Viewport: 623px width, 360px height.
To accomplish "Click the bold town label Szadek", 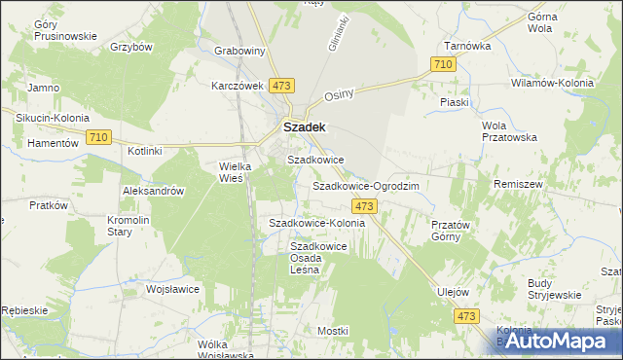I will click(x=304, y=126).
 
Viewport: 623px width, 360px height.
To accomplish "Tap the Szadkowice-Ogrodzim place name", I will click(x=365, y=185).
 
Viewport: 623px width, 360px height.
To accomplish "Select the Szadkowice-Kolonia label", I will click(x=316, y=223).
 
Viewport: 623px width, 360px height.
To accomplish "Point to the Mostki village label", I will click(x=332, y=331).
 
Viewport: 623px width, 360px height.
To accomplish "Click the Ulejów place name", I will click(x=454, y=292).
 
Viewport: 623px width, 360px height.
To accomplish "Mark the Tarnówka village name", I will click(x=467, y=46).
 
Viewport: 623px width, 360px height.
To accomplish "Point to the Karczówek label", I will click(x=238, y=85).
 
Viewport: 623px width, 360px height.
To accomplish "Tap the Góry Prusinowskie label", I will click(x=65, y=30).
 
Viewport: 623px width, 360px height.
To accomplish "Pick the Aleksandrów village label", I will click(x=153, y=192).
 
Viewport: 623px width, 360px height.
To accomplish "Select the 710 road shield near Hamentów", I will click(x=97, y=138).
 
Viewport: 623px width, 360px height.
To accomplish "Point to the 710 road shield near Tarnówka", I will click(x=442, y=63).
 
